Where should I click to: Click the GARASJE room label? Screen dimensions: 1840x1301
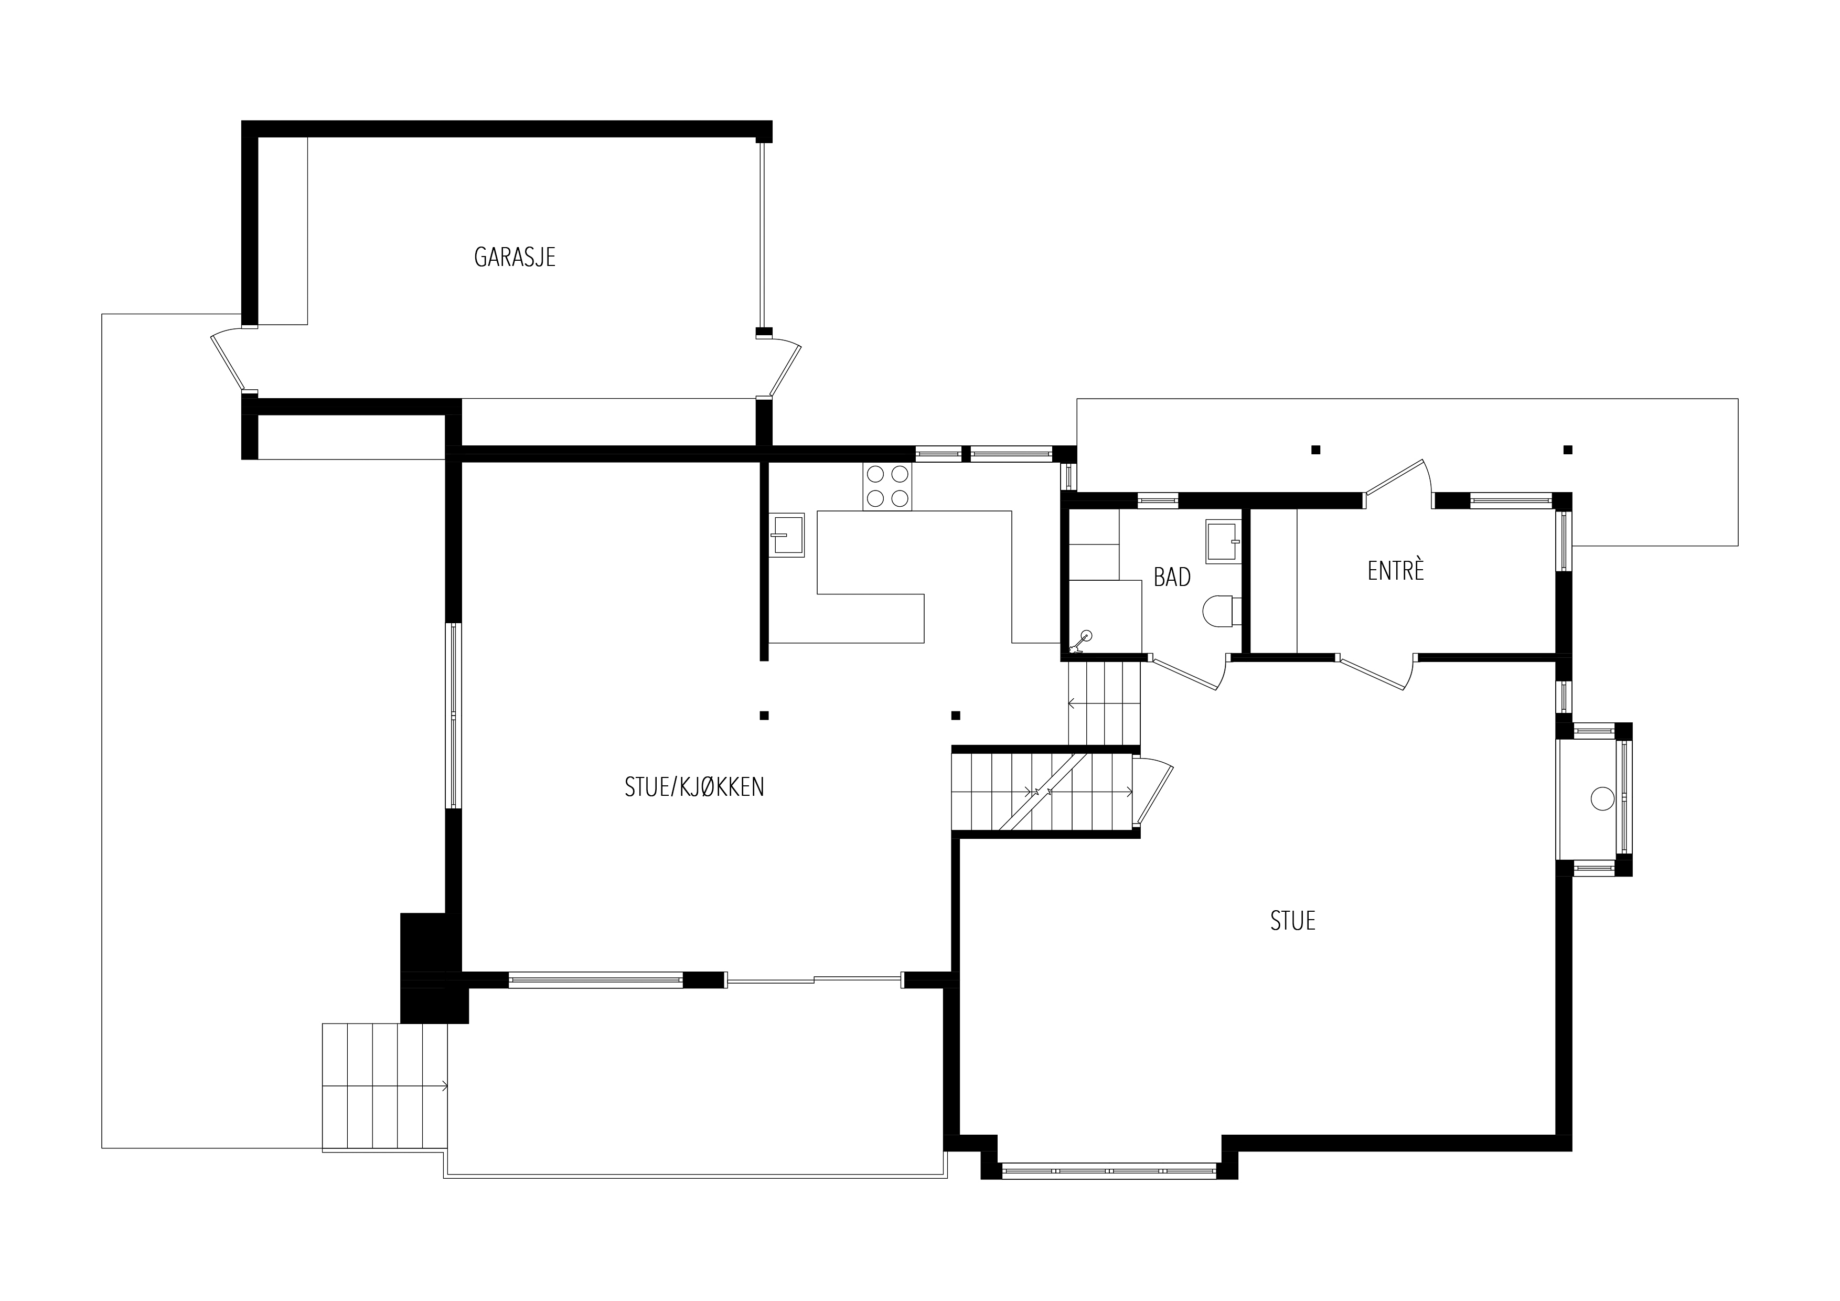(515, 257)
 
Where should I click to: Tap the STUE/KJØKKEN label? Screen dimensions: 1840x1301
(694, 787)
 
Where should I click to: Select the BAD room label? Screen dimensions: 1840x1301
(1172, 577)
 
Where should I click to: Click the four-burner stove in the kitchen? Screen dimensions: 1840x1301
(887, 487)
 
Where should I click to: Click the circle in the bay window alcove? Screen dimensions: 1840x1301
(1602, 798)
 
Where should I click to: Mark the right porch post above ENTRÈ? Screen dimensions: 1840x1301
(1568, 450)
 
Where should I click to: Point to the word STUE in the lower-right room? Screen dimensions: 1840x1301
(1292, 920)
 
